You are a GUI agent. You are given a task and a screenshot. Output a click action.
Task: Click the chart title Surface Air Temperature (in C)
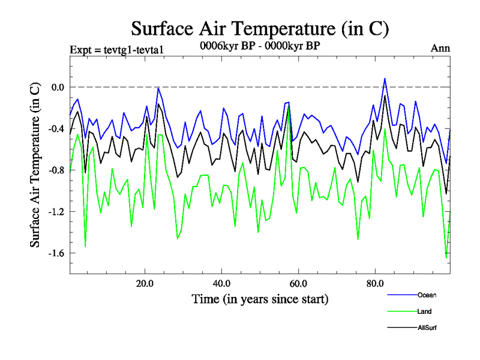coord(260,28)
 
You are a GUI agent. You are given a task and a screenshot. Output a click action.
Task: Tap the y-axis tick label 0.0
coord(57,87)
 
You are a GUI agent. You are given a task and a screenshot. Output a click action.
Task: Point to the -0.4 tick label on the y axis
coord(55,128)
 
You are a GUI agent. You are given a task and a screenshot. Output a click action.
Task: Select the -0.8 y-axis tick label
coord(55,170)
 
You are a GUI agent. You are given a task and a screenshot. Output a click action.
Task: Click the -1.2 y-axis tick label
coord(55,211)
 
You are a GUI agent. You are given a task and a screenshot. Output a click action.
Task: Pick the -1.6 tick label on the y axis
coord(55,253)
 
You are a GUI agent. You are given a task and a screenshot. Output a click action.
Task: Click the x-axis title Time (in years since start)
coord(260,299)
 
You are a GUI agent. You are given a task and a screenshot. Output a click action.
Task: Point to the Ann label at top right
coord(440,49)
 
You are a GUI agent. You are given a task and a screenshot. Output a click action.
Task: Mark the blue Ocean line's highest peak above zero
coord(385,79)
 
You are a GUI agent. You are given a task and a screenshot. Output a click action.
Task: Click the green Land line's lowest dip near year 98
coord(446,257)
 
